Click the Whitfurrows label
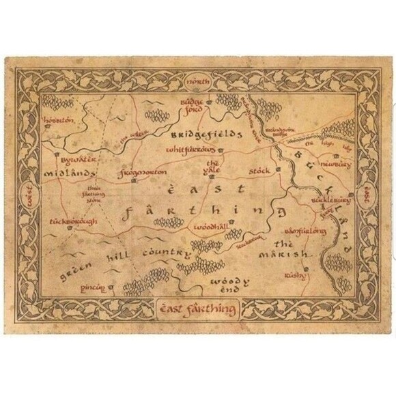(x=190, y=149)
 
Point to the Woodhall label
(x=210, y=226)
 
